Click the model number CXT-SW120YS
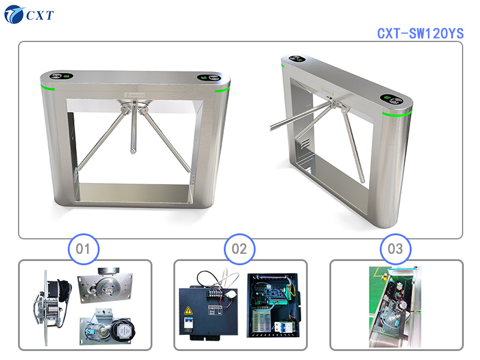point(420,34)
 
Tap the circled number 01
point(83,248)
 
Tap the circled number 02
point(239,248)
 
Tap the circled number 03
point(396,248)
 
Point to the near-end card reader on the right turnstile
point(394,100)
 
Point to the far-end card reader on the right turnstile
point(296,59)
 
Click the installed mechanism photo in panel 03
point(396,306)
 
